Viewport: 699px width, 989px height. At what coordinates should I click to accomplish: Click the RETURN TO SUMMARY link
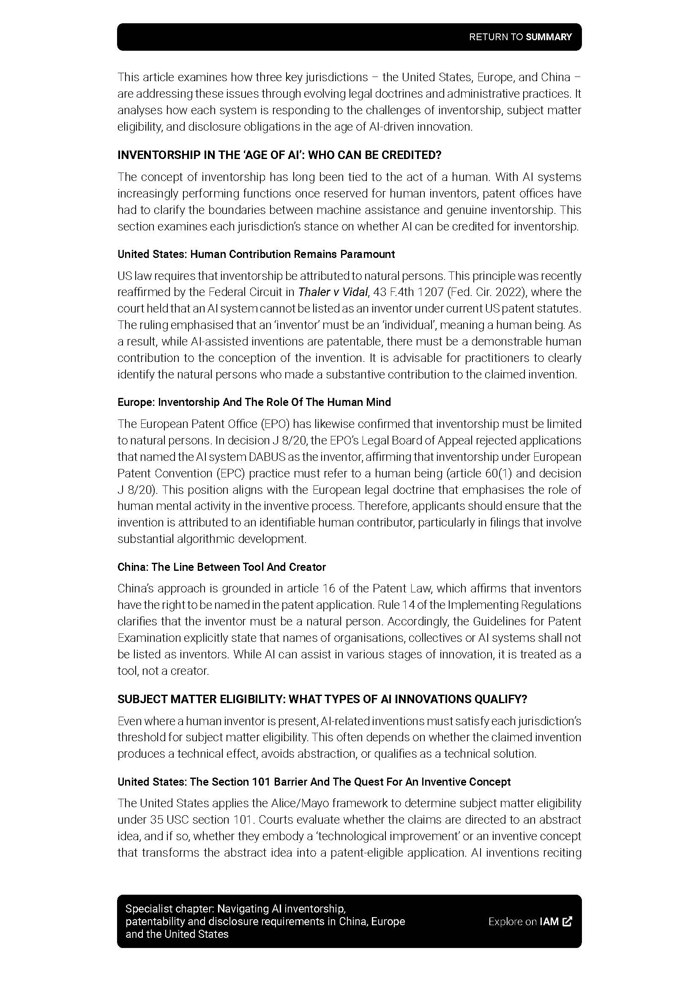520,37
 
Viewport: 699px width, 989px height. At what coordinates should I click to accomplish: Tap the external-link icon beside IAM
567,921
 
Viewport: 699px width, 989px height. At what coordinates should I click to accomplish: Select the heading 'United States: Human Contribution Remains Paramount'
256,254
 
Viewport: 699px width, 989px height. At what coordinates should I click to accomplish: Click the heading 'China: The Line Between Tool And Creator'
222,567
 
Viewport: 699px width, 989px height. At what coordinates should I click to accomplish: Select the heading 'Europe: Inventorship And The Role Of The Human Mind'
254,402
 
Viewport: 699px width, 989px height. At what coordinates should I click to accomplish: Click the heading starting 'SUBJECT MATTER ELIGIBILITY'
322,699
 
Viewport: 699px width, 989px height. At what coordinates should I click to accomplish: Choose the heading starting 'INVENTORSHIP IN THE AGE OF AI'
279,155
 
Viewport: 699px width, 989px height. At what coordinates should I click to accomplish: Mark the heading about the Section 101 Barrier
314,782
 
